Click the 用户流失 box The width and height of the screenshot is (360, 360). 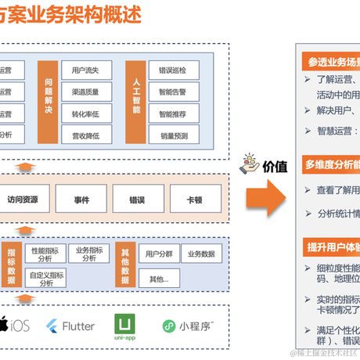tap(84, 70)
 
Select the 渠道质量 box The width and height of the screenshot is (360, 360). tap(84, 92)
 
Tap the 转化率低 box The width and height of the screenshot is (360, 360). tap(84, 113)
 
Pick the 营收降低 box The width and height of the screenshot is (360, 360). tap(84, 135)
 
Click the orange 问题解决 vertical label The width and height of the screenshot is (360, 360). tap(49, 101)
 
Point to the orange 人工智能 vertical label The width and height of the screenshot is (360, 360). tap(136, 101)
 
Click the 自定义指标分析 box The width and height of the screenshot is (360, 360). tap(47, 279)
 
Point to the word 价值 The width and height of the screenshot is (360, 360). tap(274, 166)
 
